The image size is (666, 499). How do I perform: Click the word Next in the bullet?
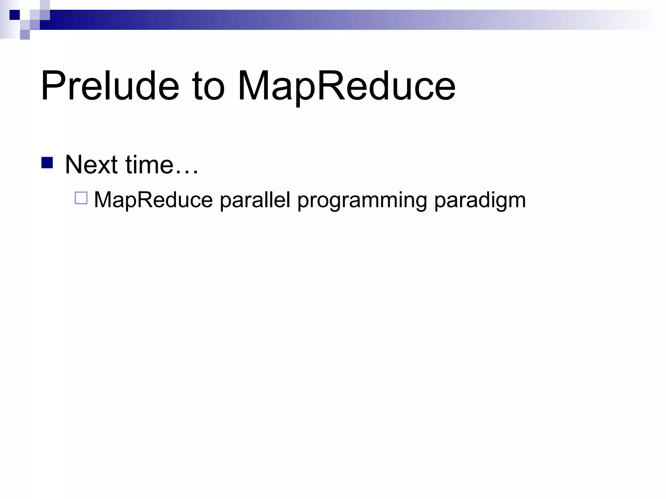pyautogui.click(x=91, y=165)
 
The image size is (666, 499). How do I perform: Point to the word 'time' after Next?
pyautogui.click(x=149, y=165)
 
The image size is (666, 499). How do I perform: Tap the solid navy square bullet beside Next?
pyautogui.click(x=47, y=163)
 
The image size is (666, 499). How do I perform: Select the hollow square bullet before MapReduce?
pyautogui.click(x=81, y=198)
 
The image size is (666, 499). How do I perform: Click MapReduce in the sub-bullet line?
pyautogui.click(x=153, y=200)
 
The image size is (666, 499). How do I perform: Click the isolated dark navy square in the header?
pyautogui.click(x=15, y=15)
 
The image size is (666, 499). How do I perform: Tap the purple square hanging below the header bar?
pyautogui.click(x=25, y=34)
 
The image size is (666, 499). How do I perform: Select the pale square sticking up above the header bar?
pyautogui.click(x=45, y=5)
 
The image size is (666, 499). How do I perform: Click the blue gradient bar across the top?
pyautogui.click(x=325, y=20)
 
